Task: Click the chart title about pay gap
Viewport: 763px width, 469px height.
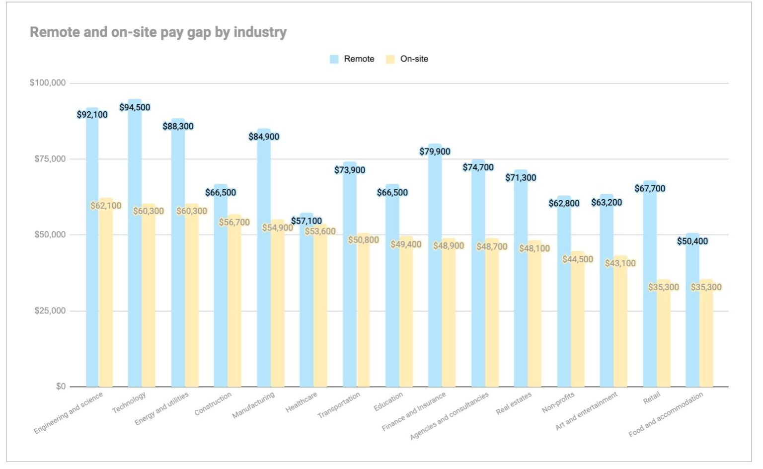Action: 158,32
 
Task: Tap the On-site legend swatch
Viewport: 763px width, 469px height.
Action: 390,59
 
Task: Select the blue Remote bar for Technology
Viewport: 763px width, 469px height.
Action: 135,248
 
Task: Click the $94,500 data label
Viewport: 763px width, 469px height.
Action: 135,108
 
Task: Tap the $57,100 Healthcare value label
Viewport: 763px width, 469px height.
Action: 306,221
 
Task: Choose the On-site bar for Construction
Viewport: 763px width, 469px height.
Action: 234,308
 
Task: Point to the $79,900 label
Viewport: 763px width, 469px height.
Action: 435,152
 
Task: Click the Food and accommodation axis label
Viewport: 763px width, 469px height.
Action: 666,415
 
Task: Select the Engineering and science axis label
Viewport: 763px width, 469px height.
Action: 69,413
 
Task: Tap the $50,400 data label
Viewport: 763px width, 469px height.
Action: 692,241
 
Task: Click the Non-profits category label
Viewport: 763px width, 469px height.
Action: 558,403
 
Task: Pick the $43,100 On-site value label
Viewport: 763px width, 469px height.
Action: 620,263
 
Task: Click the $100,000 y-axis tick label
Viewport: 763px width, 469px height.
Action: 48,83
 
